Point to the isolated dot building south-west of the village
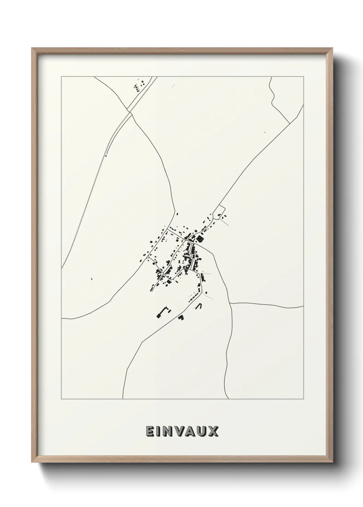92,279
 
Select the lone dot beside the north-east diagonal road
265,132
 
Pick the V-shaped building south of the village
198,306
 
